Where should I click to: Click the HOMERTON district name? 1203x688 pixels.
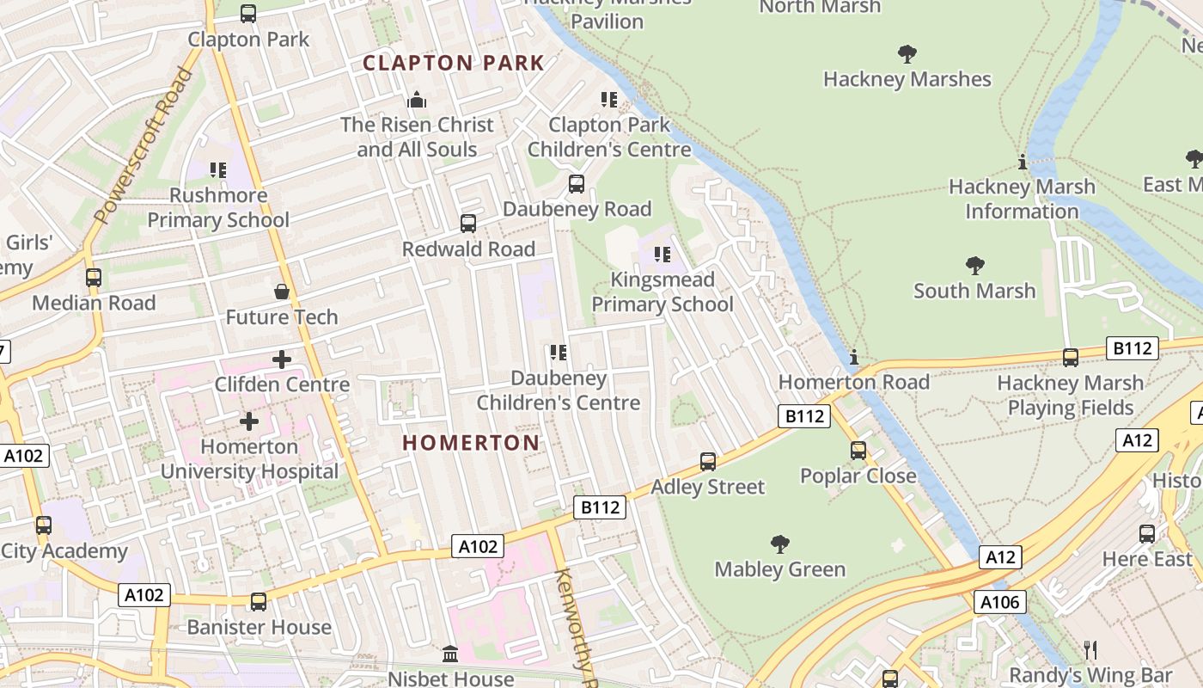(x=471, y=443)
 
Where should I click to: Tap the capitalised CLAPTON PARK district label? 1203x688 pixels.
(x=454, y=63)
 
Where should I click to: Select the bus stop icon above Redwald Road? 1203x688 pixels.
(x=468, y=224)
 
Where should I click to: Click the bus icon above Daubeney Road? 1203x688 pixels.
(x=577, y=184)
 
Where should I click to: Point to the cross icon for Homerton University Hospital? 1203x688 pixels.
(x=249, y=421)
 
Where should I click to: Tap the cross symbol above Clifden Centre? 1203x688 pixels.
(x=281, y=359)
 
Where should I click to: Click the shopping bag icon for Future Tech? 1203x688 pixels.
(x=281, y=292)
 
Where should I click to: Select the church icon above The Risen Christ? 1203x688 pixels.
(x=417, y=100)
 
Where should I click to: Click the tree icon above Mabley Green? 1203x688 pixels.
(x=780, y=544)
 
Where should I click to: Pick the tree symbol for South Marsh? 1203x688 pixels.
(x=974, y=265)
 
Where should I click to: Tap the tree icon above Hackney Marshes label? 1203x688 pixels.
(x=907, y=54)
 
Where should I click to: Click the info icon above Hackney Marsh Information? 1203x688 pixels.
(x=1022, y=162)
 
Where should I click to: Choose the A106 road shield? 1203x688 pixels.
(x=1001, y=601)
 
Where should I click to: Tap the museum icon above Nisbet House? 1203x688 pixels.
(x=450, y=654)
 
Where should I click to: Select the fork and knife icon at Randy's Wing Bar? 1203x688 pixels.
(x=1090, y=649)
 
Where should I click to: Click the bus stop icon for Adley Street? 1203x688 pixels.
(x=708, y=462)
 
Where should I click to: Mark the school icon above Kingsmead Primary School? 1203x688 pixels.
(x=663, y=255)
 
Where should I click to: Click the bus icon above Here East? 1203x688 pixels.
(x=1147, y=534)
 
